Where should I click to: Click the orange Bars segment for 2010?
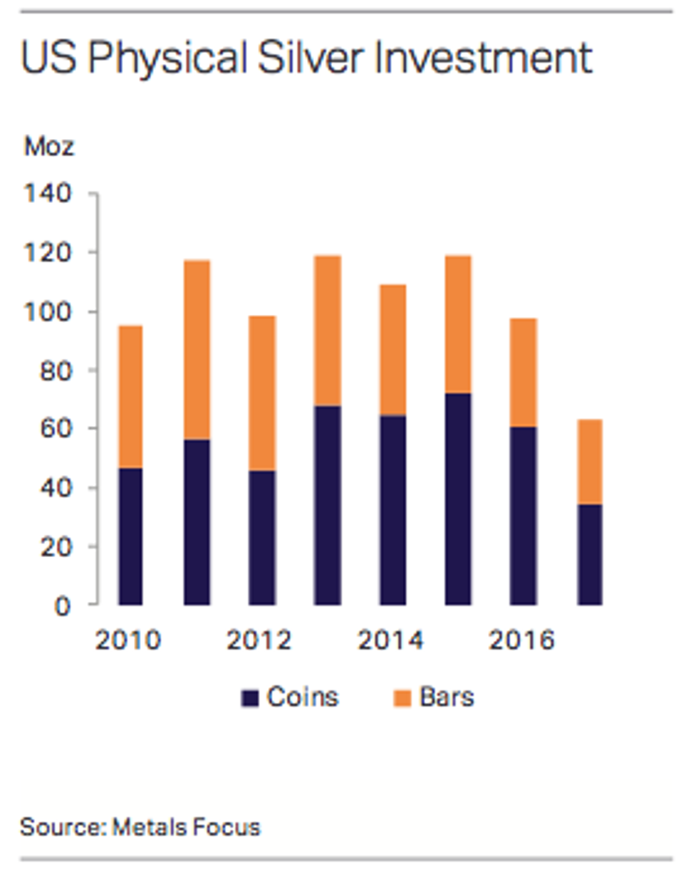(130, 396)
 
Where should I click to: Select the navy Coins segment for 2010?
(130, 536)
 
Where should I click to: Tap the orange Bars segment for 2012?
(261, 392)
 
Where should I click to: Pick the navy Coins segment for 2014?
(392, 510)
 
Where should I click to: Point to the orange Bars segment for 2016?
(523, 372)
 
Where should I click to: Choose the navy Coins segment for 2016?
(523, 516)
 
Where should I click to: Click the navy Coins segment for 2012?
(261, 537)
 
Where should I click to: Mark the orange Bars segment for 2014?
(392, 350)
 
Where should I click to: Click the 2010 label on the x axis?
(128, 640)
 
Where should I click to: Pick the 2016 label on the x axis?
(521, 640)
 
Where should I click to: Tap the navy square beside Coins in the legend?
(249, 698)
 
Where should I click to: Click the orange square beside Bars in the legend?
(402, 698)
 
